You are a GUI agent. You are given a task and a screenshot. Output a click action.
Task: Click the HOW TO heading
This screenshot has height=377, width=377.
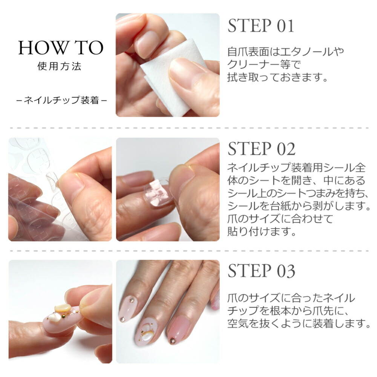click(60, 48)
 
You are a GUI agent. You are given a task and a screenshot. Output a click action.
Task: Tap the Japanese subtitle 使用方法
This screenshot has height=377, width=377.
click(60, 67)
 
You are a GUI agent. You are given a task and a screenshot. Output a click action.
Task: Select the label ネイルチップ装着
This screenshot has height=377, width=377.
click(62, 100)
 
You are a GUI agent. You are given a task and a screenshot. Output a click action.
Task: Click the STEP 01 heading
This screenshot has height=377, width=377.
click(261, 26)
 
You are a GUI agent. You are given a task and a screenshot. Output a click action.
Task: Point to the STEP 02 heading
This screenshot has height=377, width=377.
click(262, 149)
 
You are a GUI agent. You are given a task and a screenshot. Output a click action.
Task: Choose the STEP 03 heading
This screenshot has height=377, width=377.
click(262, 271)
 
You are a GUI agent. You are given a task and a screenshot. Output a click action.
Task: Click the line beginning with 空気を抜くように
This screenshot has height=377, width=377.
click(298, 323)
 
